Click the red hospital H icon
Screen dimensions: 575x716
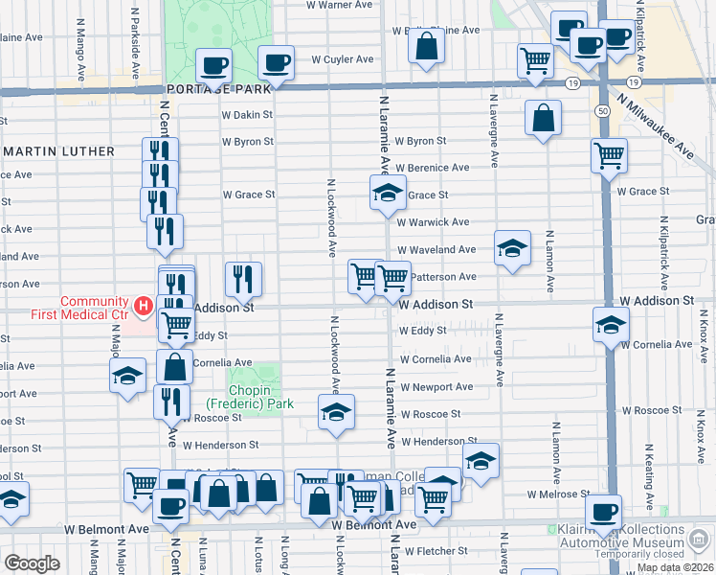(x=143, y=307)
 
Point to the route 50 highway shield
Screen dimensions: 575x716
(x=602, y=111)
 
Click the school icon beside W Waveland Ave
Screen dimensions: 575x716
(x=512, y=249)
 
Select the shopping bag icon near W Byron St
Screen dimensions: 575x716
(x=543, y=119)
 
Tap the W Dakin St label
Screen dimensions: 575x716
(x=247, y=115)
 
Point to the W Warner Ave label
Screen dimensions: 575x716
(x=338, y=5)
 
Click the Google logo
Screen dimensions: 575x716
(x=32, y=563)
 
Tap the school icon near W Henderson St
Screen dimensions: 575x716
(x=481, y=461)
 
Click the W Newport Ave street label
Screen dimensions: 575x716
(x=436, y=387)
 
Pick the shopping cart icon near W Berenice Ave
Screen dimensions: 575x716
(x=609, y=156)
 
